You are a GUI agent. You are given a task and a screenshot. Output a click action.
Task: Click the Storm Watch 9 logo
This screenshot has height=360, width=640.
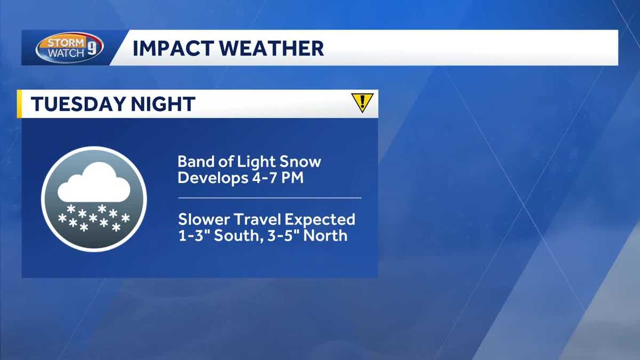(x=69, y=48)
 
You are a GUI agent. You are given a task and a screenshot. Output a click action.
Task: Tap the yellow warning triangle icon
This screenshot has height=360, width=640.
(x=362, y=102)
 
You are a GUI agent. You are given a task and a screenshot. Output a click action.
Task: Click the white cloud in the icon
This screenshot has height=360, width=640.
(x=94, y=182)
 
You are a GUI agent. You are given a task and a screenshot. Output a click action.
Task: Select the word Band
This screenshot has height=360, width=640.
(x=193, y=161)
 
